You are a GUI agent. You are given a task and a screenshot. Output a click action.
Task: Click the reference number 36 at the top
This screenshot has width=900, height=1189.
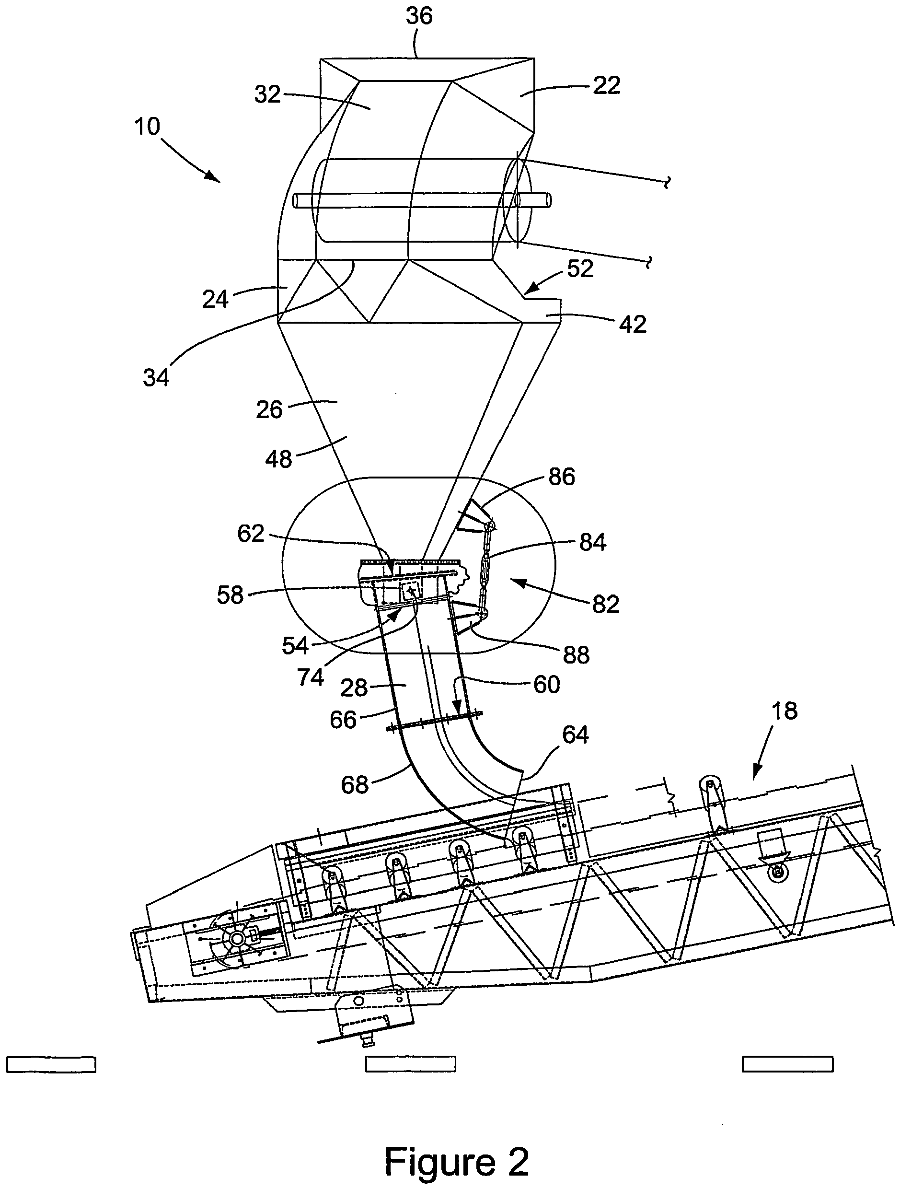tap(419, 16)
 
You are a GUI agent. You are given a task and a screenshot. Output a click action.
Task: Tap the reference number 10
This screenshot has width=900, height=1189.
tap(147, 127)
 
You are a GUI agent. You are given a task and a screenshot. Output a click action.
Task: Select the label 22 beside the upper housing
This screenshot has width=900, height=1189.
tap(607, 85)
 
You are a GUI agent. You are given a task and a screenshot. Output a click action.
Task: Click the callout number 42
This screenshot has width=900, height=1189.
tap(632, 324)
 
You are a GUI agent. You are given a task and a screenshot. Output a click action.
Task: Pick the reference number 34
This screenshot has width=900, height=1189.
tap(156, 378)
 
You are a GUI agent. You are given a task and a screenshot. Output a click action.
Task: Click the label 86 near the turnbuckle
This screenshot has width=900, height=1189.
tap(562, 476)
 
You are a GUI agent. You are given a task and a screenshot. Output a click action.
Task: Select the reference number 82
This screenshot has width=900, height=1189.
tap(606, 604)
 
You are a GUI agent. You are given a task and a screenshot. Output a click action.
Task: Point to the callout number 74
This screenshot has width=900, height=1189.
tap(310, 677)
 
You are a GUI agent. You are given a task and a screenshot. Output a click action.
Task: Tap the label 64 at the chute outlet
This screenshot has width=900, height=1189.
tap(575, 734)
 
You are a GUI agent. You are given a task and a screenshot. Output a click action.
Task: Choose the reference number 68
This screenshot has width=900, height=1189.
tap(355, 785)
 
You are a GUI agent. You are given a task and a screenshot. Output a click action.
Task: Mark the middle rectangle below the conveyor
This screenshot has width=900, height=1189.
tap(411, 1064)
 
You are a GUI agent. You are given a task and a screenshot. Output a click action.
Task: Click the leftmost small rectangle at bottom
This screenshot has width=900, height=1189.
tap(51, 1064)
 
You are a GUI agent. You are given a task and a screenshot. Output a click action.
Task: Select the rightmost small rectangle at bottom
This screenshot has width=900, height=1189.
tap(787, 1064)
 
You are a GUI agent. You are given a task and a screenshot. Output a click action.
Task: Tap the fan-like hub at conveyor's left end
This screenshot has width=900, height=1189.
tap(236, 938)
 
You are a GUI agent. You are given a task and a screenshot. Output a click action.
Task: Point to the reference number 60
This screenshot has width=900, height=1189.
tap(546, 684)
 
